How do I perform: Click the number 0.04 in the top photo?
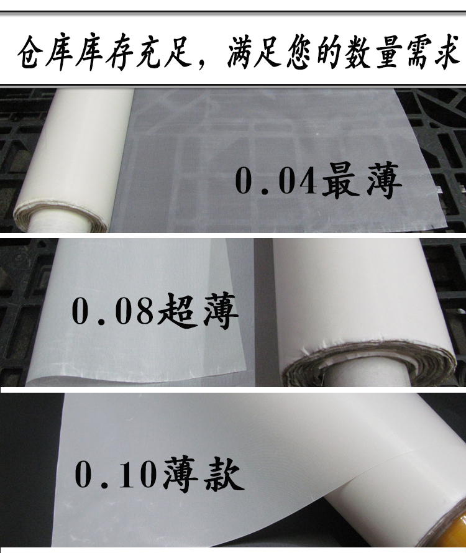pos(276,181)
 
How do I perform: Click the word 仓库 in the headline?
pos(45,53)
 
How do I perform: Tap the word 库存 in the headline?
pos(104,53)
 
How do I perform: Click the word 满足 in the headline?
pos(254,53)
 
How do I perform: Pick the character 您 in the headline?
pos(299,53)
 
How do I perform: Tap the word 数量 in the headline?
pos(373,53)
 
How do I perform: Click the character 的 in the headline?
pos(329,53)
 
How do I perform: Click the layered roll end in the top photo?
pos(60,217)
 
